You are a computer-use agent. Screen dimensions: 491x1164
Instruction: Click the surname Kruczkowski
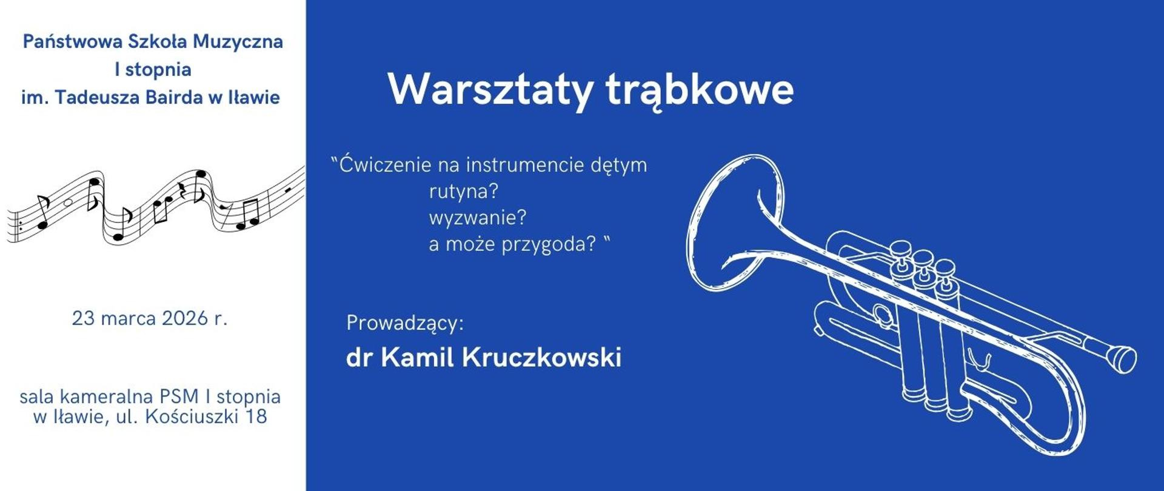541,357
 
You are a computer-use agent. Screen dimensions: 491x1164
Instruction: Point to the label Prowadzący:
404,323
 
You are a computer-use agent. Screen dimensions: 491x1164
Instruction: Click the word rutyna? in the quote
463,192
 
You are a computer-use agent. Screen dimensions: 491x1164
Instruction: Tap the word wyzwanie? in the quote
478,218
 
